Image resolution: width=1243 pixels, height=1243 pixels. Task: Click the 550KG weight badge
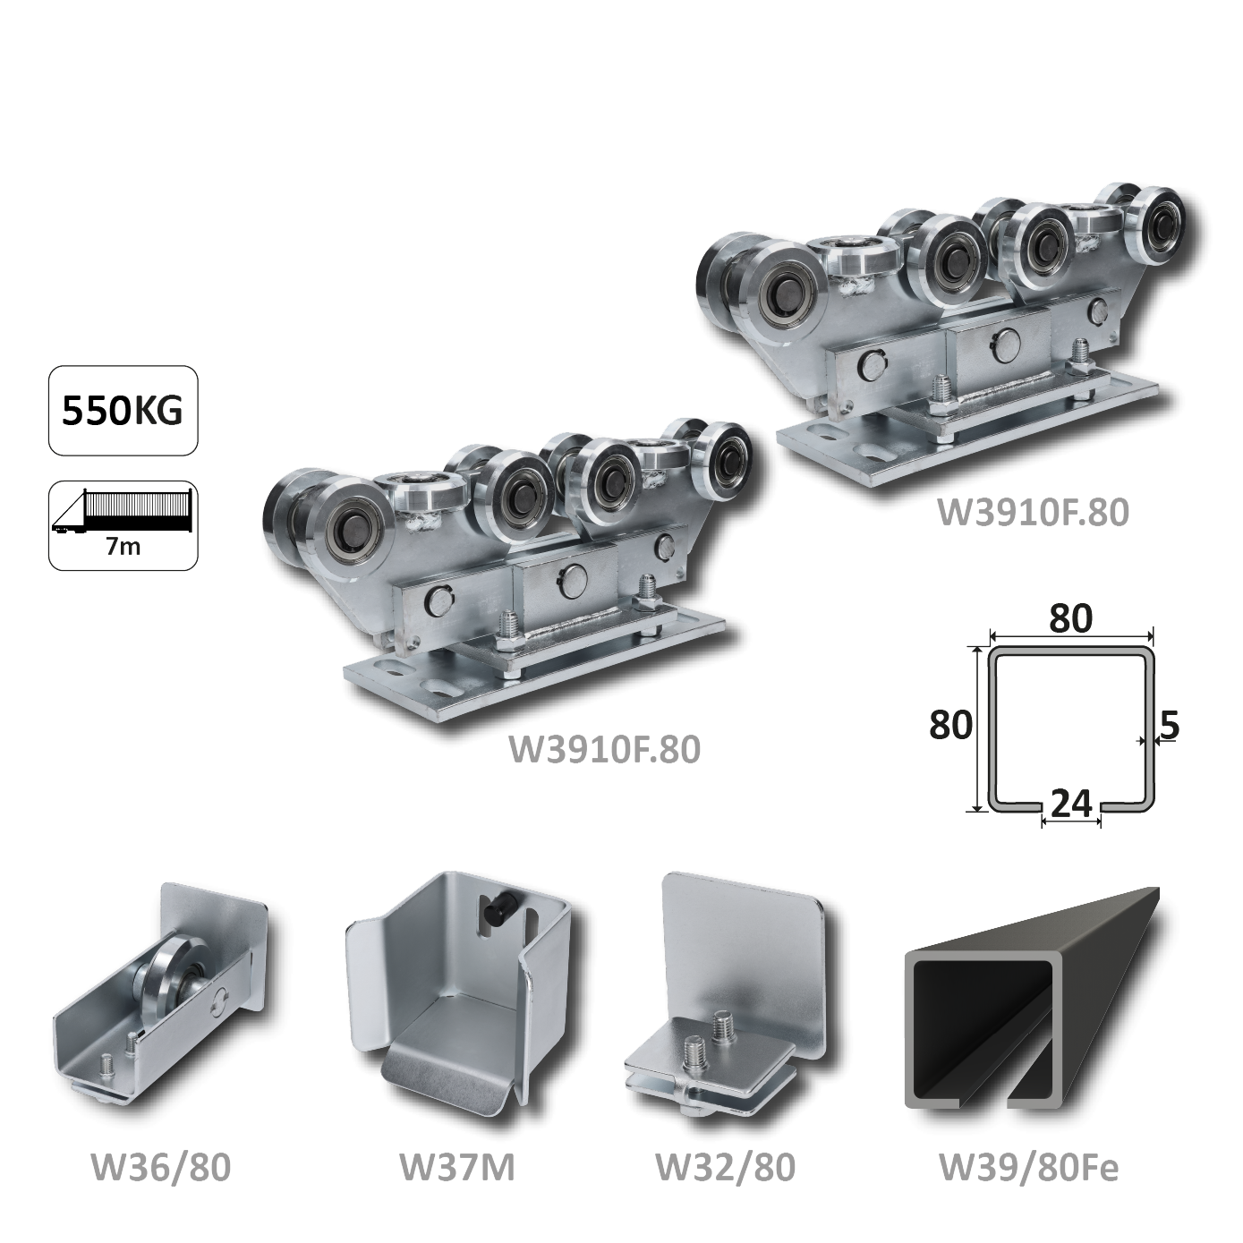[123, 411]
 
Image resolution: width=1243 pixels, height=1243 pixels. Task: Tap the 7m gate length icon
[123, 525]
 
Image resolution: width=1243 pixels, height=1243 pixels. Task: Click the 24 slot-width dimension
[1071, 804]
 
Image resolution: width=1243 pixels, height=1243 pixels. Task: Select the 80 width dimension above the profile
[1071, 618]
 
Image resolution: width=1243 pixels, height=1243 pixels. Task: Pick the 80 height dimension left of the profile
[950, 725]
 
